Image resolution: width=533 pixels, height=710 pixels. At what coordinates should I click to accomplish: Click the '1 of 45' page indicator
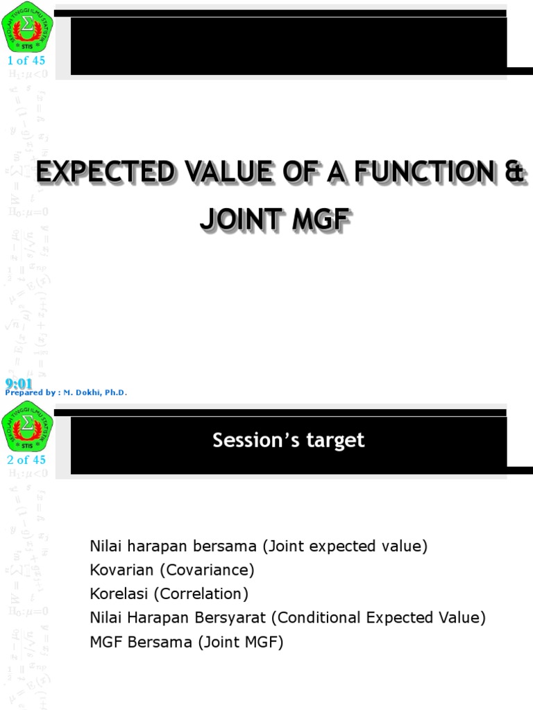[26, 60]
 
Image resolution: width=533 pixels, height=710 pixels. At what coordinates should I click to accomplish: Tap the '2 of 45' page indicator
[26, 460]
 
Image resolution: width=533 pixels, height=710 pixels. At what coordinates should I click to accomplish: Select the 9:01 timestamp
[19, 383]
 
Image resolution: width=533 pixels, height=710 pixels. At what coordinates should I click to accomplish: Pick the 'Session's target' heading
[288, 440]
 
